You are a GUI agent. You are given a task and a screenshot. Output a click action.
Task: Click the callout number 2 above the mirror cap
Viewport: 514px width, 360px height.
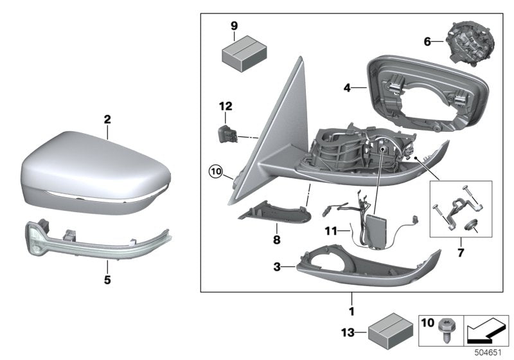tap(107, 119)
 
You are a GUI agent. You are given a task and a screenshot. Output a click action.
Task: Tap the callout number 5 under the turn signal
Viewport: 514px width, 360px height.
tap(107, 280)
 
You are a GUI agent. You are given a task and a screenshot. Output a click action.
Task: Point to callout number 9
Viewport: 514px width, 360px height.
tap(235, 26)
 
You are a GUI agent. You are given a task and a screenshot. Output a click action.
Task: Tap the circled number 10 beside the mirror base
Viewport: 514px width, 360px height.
tap(215, 172)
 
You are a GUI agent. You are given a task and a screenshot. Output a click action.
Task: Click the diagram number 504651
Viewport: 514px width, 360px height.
tap(489, 353)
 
